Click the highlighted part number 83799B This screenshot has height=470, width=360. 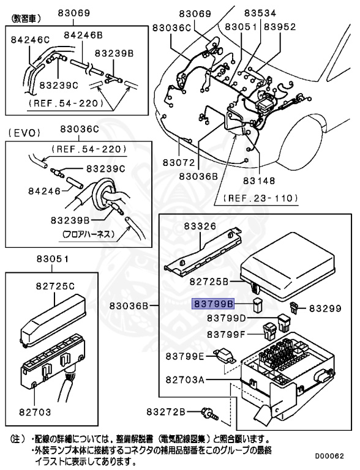tap(214, 303)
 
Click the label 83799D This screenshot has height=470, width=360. tap(226, 318)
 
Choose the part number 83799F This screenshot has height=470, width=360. tap(226, 334)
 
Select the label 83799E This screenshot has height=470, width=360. tap(186, 355)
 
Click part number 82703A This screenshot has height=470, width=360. tap(186, 379)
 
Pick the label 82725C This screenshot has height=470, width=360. tap(54, 286)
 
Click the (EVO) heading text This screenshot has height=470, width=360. tap(22, 132)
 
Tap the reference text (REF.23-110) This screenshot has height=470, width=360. tap(260, 198)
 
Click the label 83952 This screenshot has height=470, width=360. tap(280, 27)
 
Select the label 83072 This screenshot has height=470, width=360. tap(179, 163)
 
